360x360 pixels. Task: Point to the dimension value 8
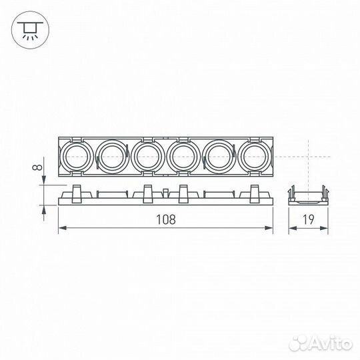click(38, 159)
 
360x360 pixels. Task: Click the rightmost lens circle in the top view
click(256, 156)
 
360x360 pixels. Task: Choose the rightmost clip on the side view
click(255, 193)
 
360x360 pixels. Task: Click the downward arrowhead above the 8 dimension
click(44, 181)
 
